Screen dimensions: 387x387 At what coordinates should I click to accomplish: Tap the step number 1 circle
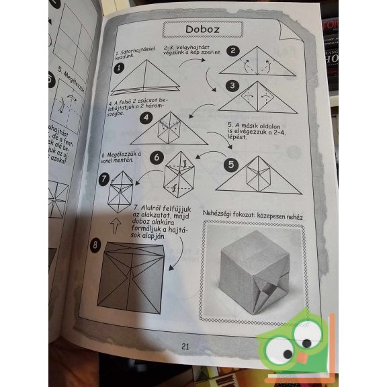pos(119,67)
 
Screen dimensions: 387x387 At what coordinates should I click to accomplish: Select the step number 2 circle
pos(232,50)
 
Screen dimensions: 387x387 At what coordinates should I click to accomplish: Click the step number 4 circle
pos(145,118)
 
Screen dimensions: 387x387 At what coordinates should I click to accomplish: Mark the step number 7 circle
pos(104,179)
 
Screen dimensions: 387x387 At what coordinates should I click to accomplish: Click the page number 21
pos(186,346)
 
